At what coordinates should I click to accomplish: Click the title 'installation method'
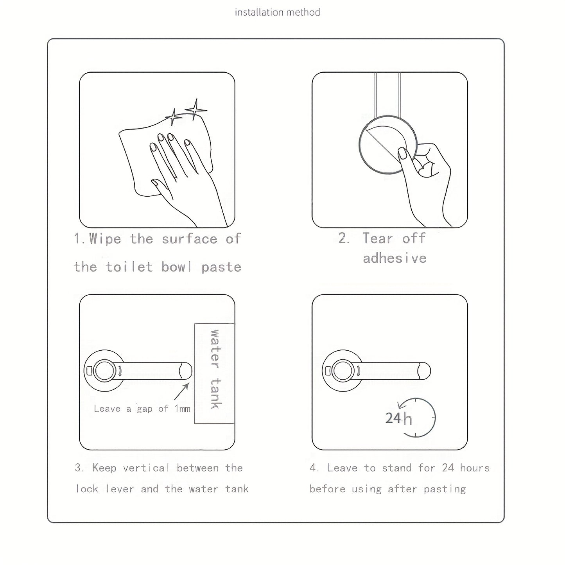[277, 13]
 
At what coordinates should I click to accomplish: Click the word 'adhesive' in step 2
[395, 258]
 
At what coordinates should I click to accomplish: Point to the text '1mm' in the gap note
[183, 409]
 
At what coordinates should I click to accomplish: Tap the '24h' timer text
[398, 418]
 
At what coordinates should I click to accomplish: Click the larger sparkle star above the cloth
[195, 109]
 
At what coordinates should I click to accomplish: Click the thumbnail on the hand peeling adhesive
[402, 153]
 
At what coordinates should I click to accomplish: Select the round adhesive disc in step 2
[387, 144]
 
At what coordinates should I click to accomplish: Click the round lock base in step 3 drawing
[104, 370]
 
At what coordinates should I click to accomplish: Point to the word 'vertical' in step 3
[146, 468]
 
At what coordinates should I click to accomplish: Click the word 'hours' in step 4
[475, 468]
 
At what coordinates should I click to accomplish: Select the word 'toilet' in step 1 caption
[129, 267]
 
